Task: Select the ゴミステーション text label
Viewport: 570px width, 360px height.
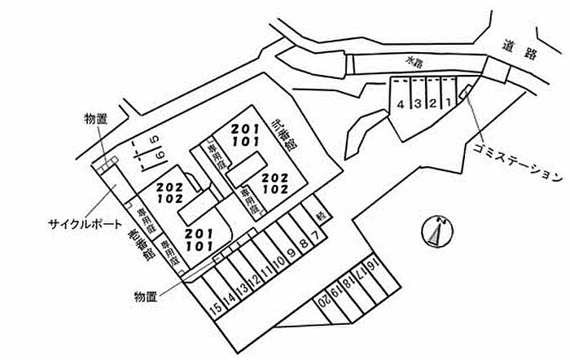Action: click(x=516, y=161)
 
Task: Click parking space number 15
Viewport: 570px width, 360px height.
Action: click(x=215, y=308)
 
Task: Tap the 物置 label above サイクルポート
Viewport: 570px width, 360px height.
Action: click(x=94, y=119)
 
